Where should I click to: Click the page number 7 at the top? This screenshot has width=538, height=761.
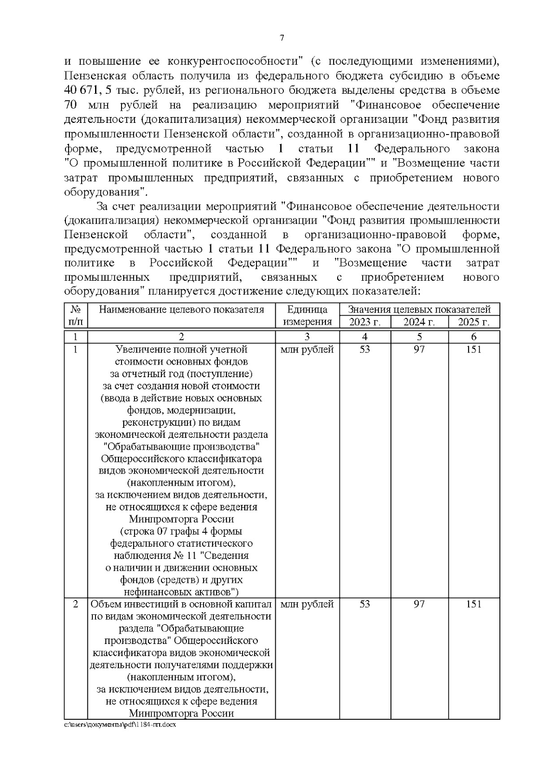point(282,38)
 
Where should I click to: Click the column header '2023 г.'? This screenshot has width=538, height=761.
point(364,322)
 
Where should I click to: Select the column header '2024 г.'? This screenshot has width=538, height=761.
point(419,322)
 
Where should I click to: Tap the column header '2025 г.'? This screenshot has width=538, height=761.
point(473,322)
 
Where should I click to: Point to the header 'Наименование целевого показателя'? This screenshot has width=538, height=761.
point(181,309)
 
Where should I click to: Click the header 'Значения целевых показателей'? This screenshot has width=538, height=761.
point(419,309)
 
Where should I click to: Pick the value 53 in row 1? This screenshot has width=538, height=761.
point(364,349)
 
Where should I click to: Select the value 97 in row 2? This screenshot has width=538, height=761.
point(419,604)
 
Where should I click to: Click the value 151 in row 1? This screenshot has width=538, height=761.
point(473,349)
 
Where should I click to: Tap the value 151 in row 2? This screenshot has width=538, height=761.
point(473,604)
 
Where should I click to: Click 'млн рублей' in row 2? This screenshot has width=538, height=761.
point(307,604)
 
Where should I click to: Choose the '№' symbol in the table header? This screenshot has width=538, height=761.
point(75,309)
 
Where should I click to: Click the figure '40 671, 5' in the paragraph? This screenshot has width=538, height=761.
point(88,91)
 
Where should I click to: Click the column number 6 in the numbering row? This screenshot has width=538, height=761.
point(473,337)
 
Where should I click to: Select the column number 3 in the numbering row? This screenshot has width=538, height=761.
point(307,337)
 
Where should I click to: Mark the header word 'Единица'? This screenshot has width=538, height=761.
point(307,309)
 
